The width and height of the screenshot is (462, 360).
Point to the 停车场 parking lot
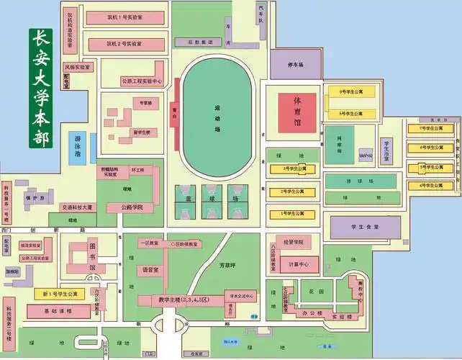[x=296, y=66]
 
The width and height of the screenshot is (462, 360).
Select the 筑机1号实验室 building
[x=124, y=16]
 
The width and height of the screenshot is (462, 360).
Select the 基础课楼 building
[x=55, y=311]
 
